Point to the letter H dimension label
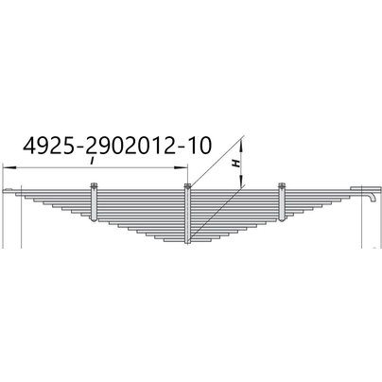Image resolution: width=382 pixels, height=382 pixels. pos(235,163)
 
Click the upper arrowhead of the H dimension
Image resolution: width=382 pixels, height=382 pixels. pos(243,143)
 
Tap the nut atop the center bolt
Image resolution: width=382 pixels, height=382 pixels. pos(189,185)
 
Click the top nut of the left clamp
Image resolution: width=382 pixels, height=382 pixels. pos(95,186)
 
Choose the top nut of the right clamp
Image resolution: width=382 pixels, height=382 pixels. pos(281,185)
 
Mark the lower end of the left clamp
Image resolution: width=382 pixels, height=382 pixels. pos(95,219)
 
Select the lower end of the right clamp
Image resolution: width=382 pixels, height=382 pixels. pos(281,219)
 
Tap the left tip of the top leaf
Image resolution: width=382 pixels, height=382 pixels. pos(9,192)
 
